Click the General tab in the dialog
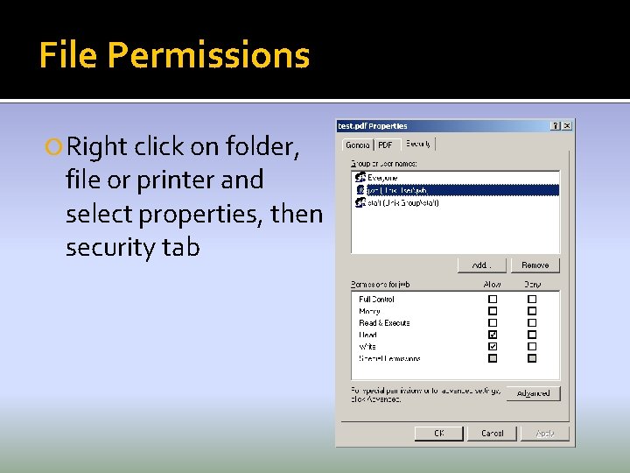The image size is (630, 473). click(358, 145)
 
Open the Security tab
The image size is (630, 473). click(417, 143)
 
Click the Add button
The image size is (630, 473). click(481, 265)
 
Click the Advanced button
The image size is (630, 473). click(533, 393)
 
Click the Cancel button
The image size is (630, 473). click(492, 433)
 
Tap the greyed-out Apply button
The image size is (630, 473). click(544, 433)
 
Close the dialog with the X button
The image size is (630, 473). click(567, 125)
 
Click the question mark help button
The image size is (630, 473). click(556, 125)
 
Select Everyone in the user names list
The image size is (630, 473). click(381, 178)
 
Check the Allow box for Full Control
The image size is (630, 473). click(493, 299)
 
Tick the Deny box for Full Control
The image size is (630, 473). click(531, 299)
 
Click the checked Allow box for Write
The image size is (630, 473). click(493, 346)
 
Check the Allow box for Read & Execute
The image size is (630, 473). click(493, 322)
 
